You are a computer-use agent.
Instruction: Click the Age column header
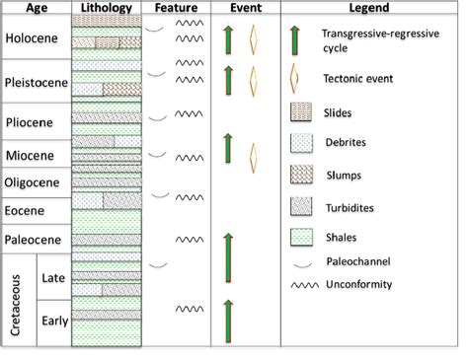tap(37, 9)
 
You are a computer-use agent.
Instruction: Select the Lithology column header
tap(109, 9)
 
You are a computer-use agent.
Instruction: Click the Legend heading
tap(369, 9)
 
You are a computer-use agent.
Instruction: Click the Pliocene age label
tap(33, 123)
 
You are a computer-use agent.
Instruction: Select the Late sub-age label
tap(53, 278)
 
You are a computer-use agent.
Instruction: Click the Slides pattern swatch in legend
tap(301, 111)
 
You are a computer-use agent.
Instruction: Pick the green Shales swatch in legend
tap(301, 237)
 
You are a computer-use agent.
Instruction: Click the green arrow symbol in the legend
tap(296, 40)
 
